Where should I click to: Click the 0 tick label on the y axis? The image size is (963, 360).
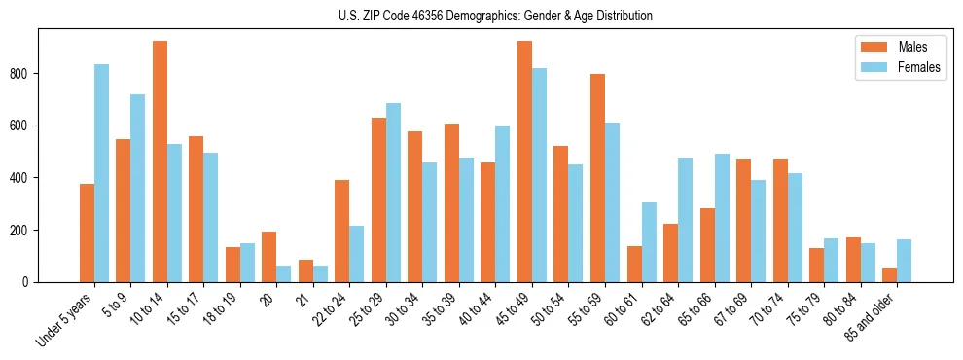coord(31,282)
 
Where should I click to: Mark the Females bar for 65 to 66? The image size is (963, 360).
coord(722,218)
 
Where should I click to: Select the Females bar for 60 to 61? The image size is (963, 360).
coord(649,242)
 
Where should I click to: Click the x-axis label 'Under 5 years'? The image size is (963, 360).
coord(65,319)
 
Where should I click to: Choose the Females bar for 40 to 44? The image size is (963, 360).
coord(503,203)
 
